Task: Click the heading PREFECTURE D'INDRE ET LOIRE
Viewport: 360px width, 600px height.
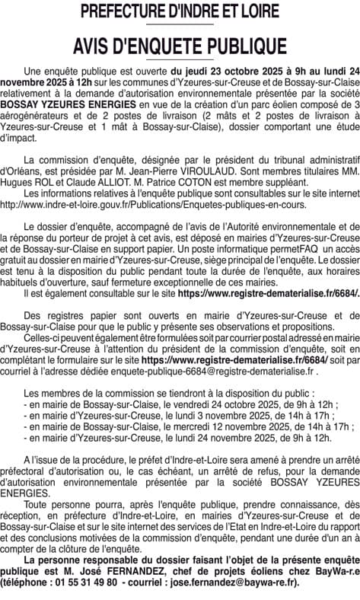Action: [x=180, y=11]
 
